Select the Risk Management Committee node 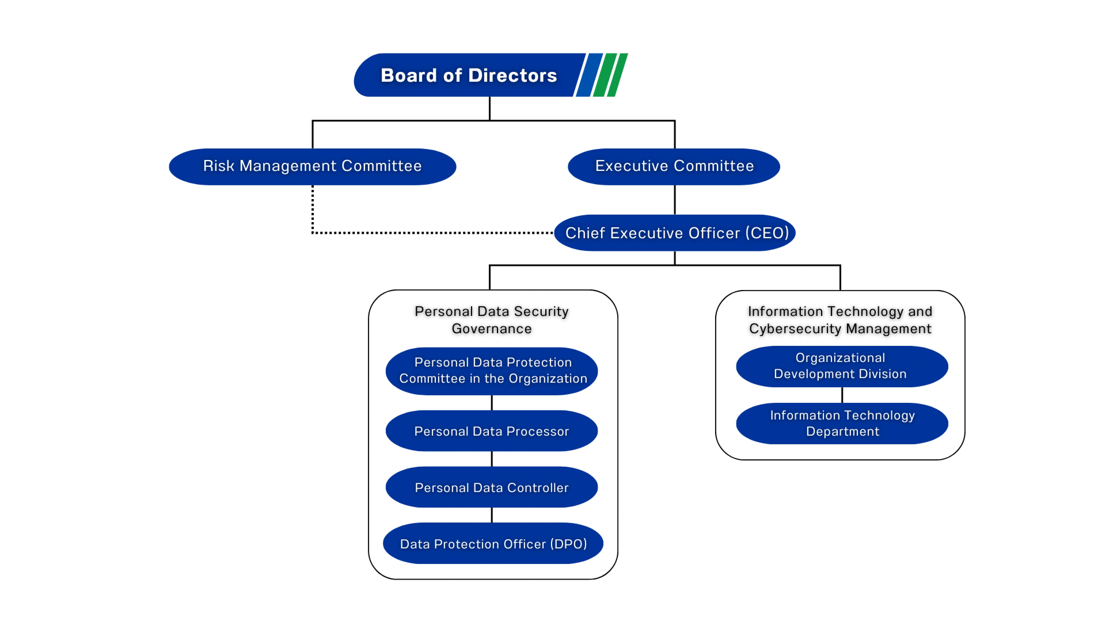pyautogui.click(x=312, y=167)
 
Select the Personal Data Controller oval pyautogui.click(x=491, y=487)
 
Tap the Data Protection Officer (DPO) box pyautogui.click(x=493, y=544)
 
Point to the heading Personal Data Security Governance pyautogui.click(x=491, y=320)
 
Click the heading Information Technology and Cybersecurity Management pyautogui.click(x=840, y=320)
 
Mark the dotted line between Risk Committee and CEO pyautogui.click(x=431, y=233)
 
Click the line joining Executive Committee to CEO pyautogui.click(x=675, y=200)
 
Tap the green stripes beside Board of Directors pyautogui.click(x=611, y=75)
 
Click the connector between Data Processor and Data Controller pyautogui.click(x=491, y=459)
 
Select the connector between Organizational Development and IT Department pyautogui.click(x=842, y=395)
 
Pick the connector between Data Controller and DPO pyautogui.click(x=491, y=515)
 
